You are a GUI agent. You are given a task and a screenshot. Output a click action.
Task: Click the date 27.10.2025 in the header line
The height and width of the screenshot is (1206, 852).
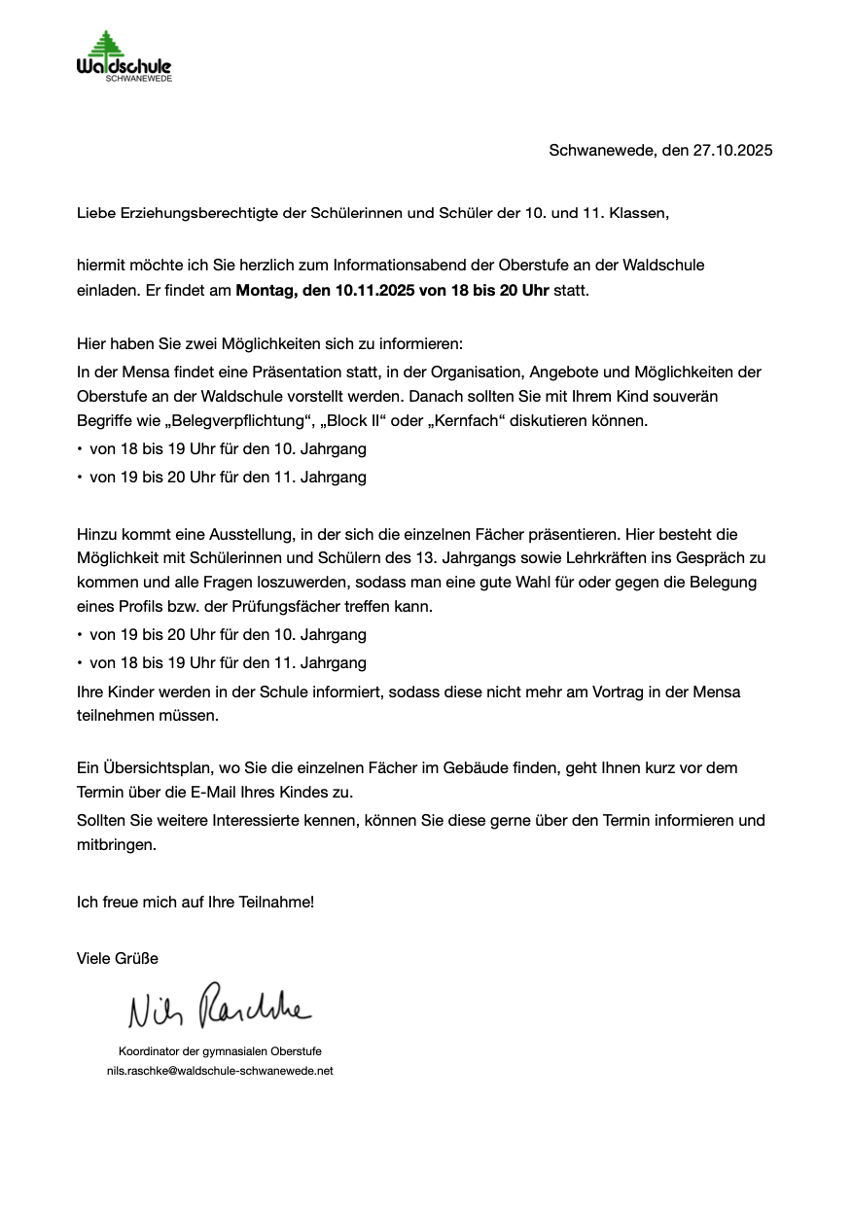(x=732, y=150)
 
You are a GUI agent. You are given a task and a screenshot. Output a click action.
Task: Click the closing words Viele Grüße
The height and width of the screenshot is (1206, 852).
(x=117, y=958)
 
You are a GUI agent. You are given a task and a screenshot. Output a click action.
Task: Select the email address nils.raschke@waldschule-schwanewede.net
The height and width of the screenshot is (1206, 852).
(x=220, y=1070)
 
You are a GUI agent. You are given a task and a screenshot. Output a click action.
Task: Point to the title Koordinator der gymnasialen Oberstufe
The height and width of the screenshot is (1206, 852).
(x=220, y=1051)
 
